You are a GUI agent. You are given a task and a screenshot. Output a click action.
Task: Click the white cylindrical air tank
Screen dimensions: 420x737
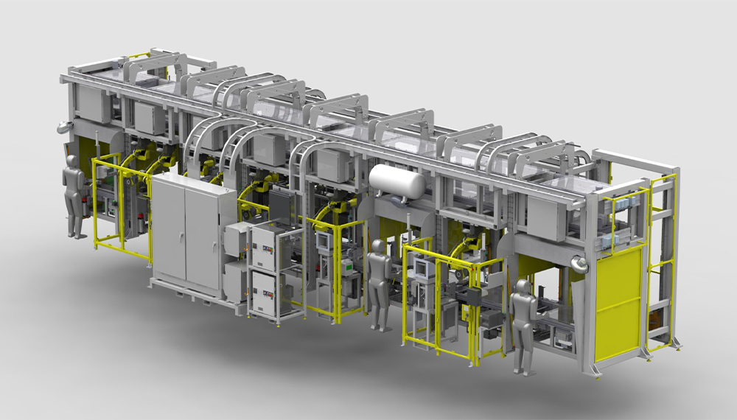(x=397, y=182)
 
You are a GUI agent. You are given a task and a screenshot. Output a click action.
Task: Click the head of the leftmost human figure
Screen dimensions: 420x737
(x=72, y=161)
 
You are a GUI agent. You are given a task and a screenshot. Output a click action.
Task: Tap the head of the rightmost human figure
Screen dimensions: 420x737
(x=523, y=286)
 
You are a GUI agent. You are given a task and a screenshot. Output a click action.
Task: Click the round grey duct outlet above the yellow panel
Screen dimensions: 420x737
(x=581, y=264)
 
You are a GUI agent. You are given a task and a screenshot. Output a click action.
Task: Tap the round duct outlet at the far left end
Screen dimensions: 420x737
(x=63, y=127)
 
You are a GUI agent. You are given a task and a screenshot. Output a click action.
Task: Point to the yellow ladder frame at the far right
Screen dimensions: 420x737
(x=663, y=258)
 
